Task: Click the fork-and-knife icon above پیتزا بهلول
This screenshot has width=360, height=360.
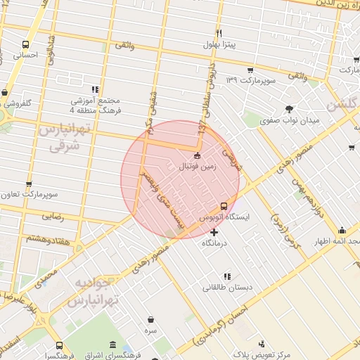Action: [219, 33]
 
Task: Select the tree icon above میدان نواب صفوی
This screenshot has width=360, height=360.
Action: [289, 108]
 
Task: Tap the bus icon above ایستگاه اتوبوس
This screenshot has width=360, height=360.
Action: [224, 206]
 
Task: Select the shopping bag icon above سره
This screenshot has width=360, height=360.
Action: [150, 317]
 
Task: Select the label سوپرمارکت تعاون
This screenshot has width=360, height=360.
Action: [30, 193]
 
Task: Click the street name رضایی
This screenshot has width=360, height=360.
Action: [52, 217]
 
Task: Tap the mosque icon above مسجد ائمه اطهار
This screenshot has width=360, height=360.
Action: [342, 231]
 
